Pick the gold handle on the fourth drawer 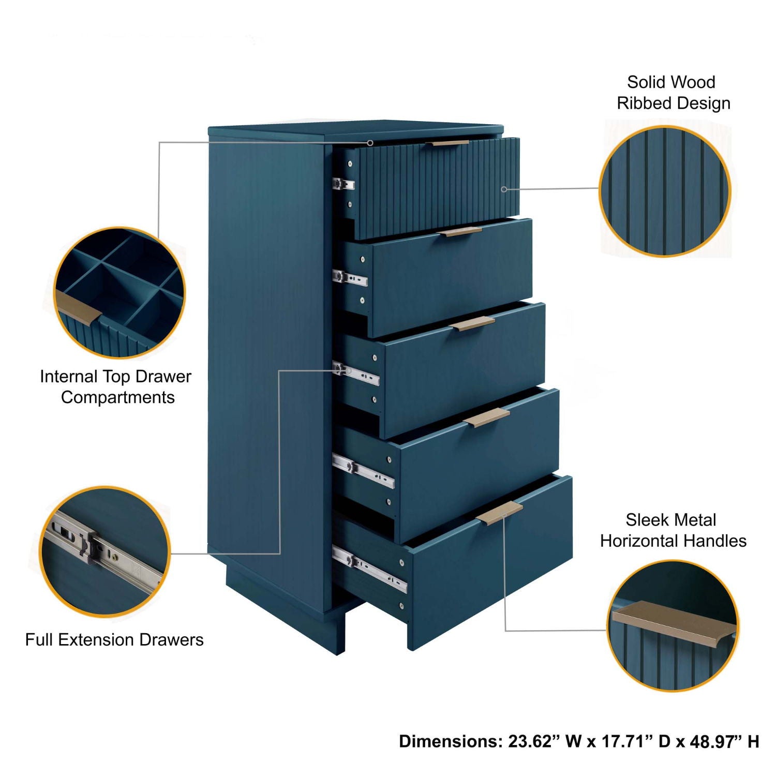(487, 417)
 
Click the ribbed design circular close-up (665, 191)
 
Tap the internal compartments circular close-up (120, 292)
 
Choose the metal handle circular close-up (673, 625)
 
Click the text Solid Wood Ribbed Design (673, 93)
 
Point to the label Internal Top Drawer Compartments (116, 386)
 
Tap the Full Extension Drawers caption (114, 640)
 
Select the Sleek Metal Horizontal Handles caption (673, 530)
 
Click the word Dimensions (450, 741)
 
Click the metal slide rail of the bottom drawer (369, 569)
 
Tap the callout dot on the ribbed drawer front (504, 189)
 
